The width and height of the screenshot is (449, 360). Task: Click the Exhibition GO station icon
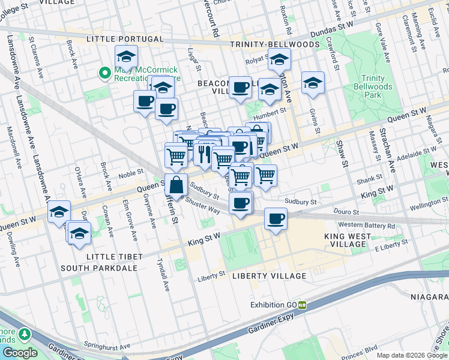[303, 305]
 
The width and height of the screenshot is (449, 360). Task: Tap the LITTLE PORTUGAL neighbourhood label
[125, 39]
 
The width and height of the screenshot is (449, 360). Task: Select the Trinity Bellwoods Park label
[376, 86]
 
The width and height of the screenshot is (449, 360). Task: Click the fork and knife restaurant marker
[203, 154]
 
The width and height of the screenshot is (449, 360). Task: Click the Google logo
[20, 353]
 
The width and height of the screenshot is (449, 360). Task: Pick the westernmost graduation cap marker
[59, 211]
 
